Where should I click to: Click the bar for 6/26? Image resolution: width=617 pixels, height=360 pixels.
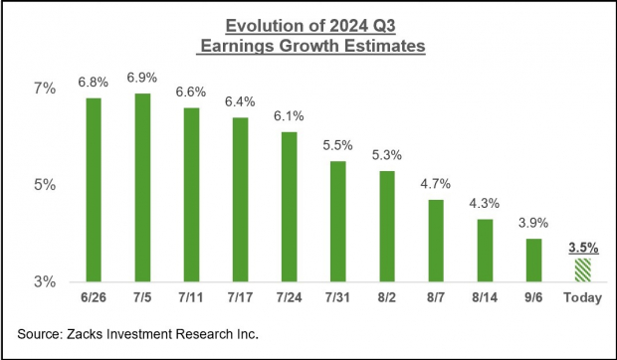[x=94, y=189]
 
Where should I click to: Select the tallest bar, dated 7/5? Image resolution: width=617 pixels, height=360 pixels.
[x=142, y=187]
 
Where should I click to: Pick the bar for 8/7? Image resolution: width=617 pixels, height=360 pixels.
[x=436, y=240]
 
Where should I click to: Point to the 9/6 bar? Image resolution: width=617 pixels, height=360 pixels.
[x=533, y=260]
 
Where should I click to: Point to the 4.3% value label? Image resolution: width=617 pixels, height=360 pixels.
[x=485, y=203]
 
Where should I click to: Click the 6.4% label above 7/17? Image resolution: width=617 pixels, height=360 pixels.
[x=240, y=101]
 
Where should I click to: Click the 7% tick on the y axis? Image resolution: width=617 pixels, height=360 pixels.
[x=48, y=90]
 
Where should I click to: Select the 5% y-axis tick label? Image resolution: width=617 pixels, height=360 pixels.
[x=48, y=186]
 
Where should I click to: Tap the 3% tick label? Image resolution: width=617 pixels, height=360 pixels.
[x=48, y=282]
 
